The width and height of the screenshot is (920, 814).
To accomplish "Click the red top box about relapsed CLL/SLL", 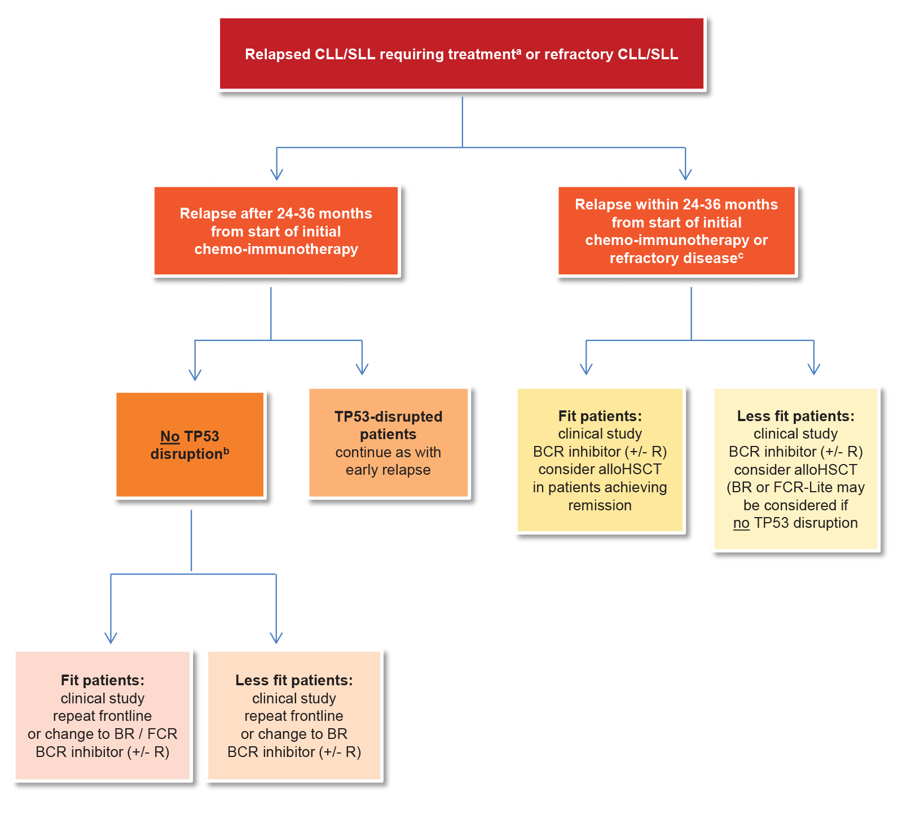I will click(461, 54).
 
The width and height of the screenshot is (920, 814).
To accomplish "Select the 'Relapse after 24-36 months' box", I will click(276, 231).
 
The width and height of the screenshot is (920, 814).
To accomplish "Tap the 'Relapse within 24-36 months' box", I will click(676, 231).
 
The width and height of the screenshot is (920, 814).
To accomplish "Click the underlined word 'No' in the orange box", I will click(170, 436).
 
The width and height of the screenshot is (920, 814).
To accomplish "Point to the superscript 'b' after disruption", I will click(226, 450).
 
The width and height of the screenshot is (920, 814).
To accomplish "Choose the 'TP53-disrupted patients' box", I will click(388, 443).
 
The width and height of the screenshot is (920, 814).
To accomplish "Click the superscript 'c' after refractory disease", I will click(741, 255).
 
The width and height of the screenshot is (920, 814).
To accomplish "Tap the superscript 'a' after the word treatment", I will click(518, 51).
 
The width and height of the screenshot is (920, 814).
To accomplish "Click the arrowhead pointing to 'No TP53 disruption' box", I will click(195, 374).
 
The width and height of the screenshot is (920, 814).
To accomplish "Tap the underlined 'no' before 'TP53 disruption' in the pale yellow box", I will click(741, 523).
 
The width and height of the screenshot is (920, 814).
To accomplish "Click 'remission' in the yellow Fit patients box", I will click(600, 505).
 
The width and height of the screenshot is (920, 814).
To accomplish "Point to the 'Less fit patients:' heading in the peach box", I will click(294, 680).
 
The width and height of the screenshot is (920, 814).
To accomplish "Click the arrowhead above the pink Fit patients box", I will click(111, 638).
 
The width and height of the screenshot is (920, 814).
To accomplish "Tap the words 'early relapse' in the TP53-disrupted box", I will click(388, 470).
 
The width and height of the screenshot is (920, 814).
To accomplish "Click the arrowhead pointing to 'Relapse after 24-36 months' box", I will click(276, 174).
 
